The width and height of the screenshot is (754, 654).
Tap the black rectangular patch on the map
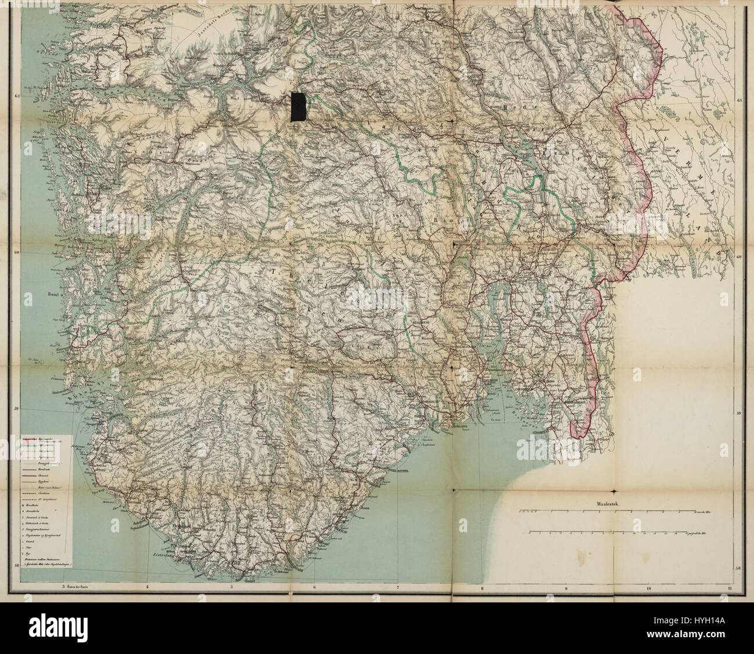pyautogui.click(x=299, y=107)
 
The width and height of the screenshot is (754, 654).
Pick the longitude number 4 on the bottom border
pyautogui.click(x=148, y=587)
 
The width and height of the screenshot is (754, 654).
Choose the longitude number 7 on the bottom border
pyautogui.click(x=398, y=587)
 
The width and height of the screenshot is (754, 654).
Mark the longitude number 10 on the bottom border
pyautogui.click(x=648, y=587)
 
